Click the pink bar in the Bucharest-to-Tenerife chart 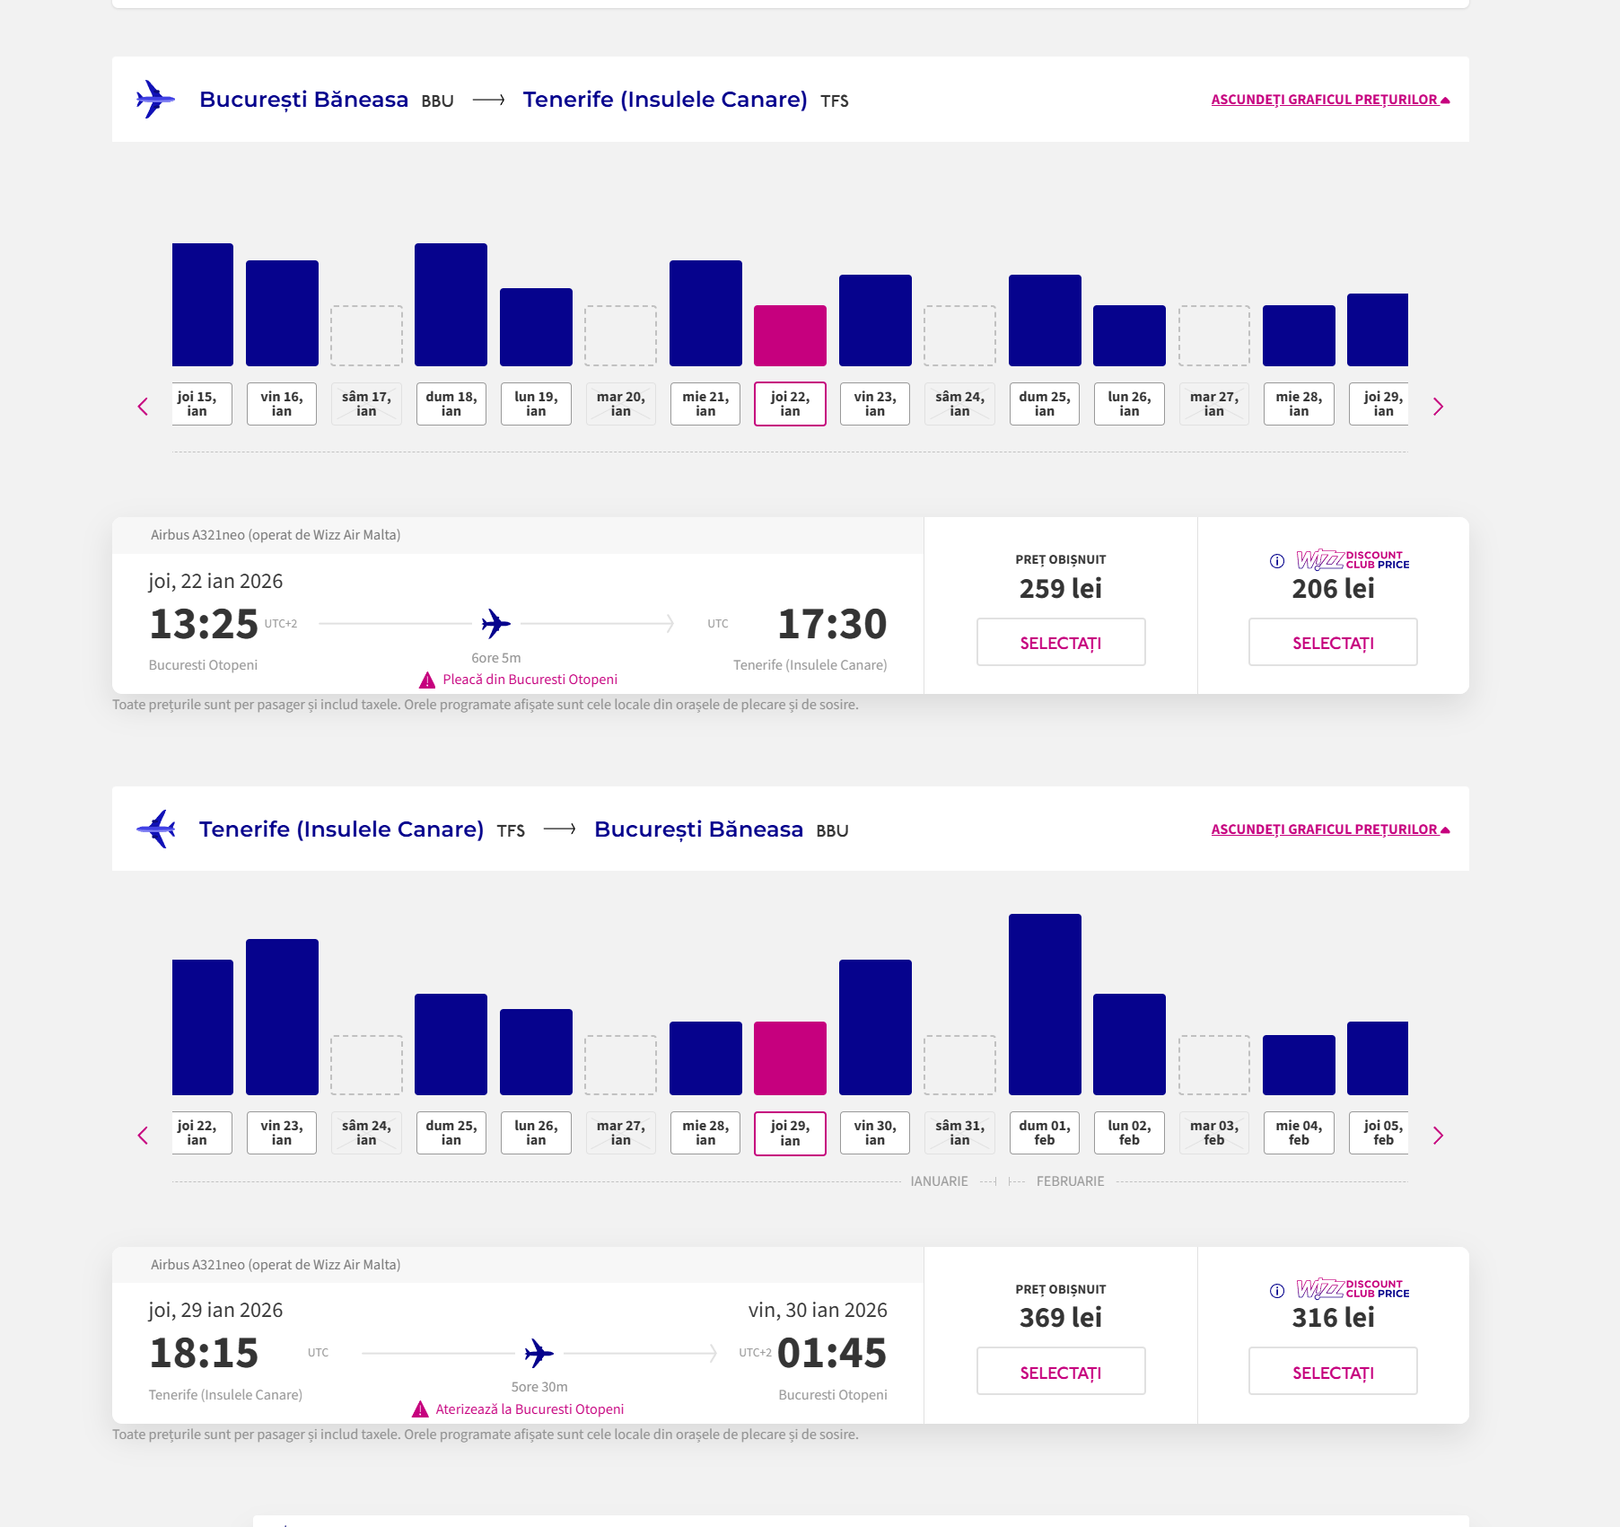coord(790,336)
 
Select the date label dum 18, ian coord(451,404)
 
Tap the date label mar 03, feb coord(1213,1133)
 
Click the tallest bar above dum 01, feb coord(1045,1004)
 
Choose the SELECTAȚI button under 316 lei coord(1333,1372)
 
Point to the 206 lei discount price coord(1333,589)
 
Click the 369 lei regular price coord(1060,1318)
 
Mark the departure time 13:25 coord(204,624)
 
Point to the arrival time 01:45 coord(831,1353)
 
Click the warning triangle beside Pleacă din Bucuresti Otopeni coord(427,680)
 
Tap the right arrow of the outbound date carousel coord(1438,407)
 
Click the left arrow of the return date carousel coord(143,1136)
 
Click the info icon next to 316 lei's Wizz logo coord(1277,1291)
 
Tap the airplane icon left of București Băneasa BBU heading coord(154,99)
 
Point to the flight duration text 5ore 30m coord(539,1387)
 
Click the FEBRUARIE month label coord(1070,1181)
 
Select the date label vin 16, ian coord(282,404)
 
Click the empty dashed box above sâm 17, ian coord(366,336)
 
